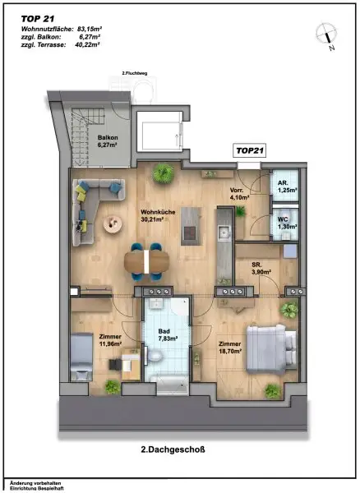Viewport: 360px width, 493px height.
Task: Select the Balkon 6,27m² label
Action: pyautogui.click(x=107, y=141)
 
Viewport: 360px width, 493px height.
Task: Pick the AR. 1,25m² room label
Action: pyautogui.click(x=286, y=188)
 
